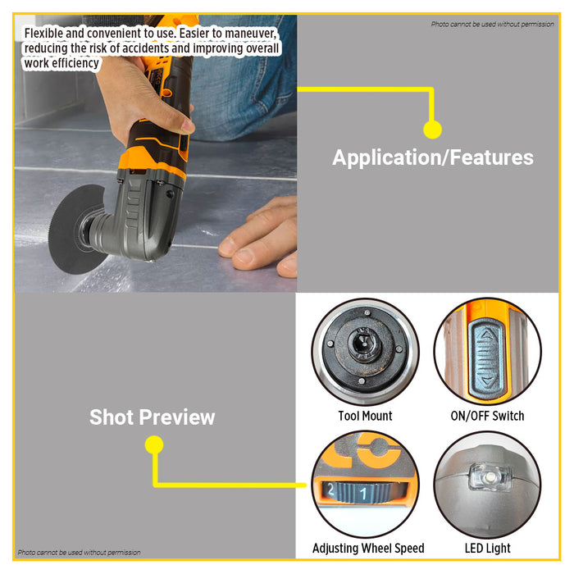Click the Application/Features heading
coord(432,157)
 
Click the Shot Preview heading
coord(152,417)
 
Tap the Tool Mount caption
coord(365,416)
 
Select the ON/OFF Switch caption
coord(487,416)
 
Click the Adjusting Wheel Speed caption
coord(368,548)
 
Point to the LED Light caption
coord(487,548)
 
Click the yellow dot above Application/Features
coord(432,129)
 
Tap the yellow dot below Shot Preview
coord(153,445)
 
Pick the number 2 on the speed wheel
coord(330,489)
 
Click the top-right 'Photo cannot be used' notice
coord(492,25)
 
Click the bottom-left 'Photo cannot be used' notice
coord(79,553)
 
